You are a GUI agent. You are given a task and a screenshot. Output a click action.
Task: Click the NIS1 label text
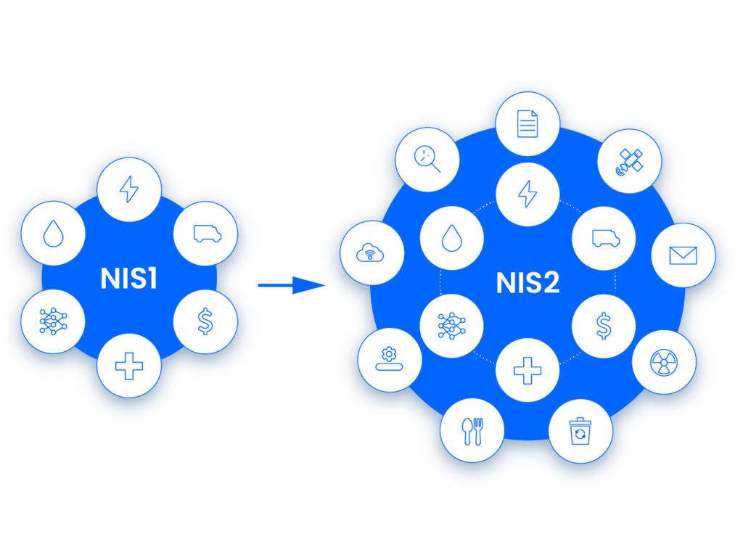(129, 279)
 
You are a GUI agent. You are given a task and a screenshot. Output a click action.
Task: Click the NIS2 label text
(528, 283)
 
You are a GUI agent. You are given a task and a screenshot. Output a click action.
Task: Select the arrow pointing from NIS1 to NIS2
(290, 285)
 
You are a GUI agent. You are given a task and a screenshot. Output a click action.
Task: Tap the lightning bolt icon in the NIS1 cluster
(129, 189)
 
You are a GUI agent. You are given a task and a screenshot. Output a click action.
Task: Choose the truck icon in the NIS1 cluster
(206, 234)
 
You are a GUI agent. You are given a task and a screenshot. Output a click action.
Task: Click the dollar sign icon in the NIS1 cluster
(206, 321)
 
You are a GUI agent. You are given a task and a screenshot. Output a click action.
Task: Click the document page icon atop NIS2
(528, 123)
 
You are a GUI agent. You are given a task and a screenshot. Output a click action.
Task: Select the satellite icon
(628, 160)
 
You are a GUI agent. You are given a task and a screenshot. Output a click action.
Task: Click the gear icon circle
(390, 360)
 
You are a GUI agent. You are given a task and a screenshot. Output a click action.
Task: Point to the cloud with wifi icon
(372, 253)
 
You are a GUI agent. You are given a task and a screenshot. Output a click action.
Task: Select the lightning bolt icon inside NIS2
(528, 194)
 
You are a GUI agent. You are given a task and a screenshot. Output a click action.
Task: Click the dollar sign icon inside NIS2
(604, 326)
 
